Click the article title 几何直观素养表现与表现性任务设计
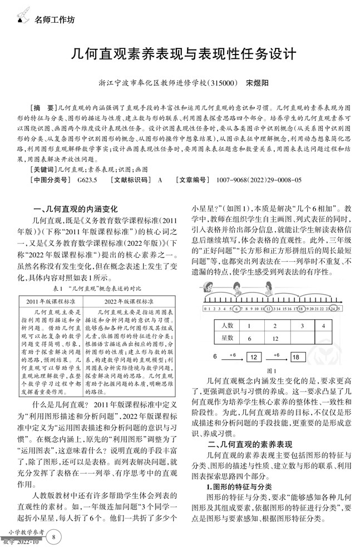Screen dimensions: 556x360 click(180, 55)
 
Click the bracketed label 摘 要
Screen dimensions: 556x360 click(43, 106)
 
